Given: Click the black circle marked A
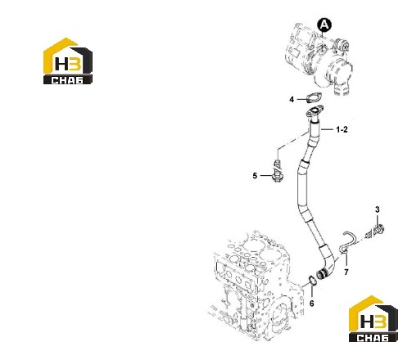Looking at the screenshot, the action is tap(324, 25).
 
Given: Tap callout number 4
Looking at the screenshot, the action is tap(292, 100).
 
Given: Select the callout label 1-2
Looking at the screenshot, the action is tap(342, 129).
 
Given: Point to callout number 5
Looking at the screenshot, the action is tap(255, 176).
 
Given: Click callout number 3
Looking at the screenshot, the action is tap(378, 209).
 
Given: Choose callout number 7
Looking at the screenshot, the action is tap(346, 272).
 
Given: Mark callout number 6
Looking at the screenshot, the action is tap(312, 303).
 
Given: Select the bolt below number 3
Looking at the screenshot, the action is tap(376, 232).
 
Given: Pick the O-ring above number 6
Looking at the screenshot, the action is tap(313, 281).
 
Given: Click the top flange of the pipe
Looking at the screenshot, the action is tap(315, 112).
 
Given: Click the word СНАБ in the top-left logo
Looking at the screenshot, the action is tap(67, 80).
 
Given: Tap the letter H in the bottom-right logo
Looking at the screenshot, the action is tap(367, 322).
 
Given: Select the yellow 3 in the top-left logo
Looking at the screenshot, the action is tap(75, 64).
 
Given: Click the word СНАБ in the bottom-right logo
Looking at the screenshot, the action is tap(373, 338).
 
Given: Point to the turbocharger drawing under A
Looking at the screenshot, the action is tap(318, 59).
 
